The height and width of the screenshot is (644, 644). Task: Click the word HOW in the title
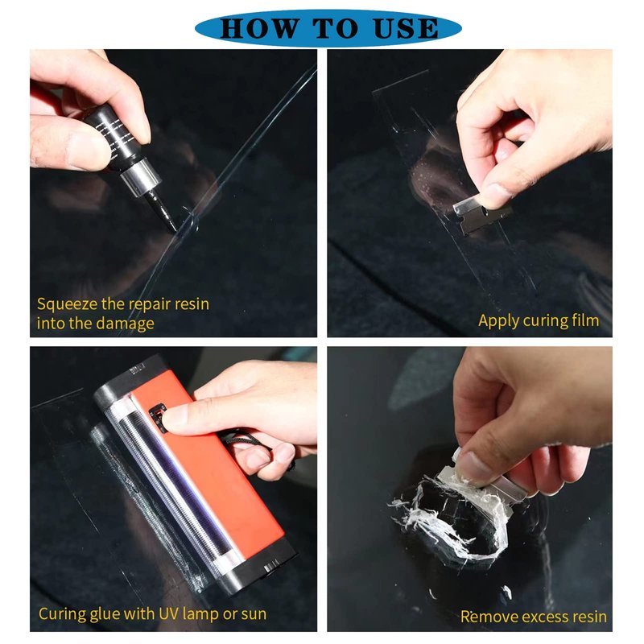tap(258, 28)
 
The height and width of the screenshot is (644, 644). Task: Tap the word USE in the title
tap(406, 28)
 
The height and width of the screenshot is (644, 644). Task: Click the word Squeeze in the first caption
tap(68, 305)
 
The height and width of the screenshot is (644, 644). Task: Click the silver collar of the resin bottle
tap(140, 175)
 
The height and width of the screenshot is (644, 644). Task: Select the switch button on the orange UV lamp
tap(158, 418)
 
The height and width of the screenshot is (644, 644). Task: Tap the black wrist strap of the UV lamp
tap(251, 445)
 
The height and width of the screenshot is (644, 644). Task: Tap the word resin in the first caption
tap(192, 304)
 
